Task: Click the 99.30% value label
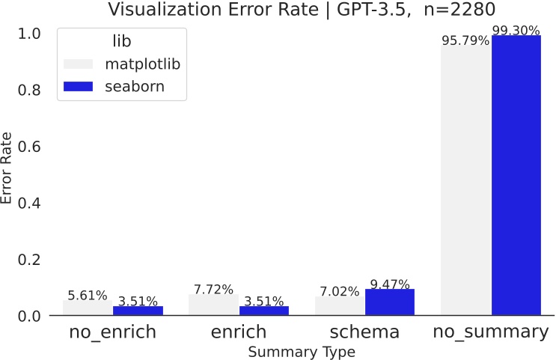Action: (516, 30)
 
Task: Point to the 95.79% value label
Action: (465, 40)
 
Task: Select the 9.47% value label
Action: (390, 284)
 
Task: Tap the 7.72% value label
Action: (213, 290)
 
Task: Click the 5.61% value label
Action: (88, 295)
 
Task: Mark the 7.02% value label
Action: (340, 292)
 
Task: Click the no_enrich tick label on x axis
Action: (113, 332)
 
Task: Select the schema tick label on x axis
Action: (364, 332)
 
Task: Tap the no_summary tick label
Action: (491, 332)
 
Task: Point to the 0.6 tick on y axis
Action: (30, 147)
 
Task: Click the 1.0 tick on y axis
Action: (30, 34)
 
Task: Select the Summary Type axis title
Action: (302, 350)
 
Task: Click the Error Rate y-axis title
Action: (8, 168)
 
